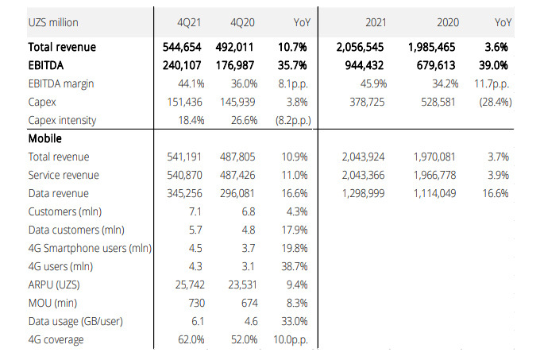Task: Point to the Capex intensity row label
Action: [62, 120]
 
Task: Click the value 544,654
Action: [184, 48]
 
